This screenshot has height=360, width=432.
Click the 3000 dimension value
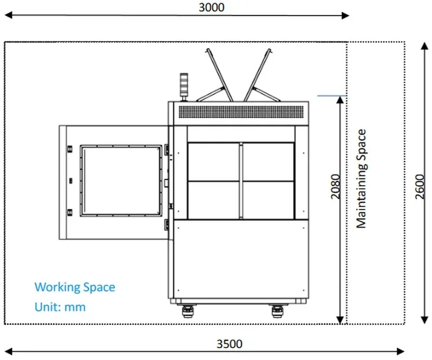coord(211,7)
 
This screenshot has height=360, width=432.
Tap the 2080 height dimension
coord(335,187)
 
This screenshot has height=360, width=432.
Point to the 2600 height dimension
coord(425,187)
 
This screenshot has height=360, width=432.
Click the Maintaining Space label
coord(361,178)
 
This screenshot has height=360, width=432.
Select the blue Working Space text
coord(75,287)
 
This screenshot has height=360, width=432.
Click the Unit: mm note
coord(60,307)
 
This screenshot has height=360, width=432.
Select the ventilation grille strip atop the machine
coord(242,112)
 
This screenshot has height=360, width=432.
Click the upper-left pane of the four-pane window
coord(213,161)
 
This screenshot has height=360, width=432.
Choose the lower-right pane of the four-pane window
coord(268,200)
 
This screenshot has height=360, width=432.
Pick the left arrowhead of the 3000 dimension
coord(9,16)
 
